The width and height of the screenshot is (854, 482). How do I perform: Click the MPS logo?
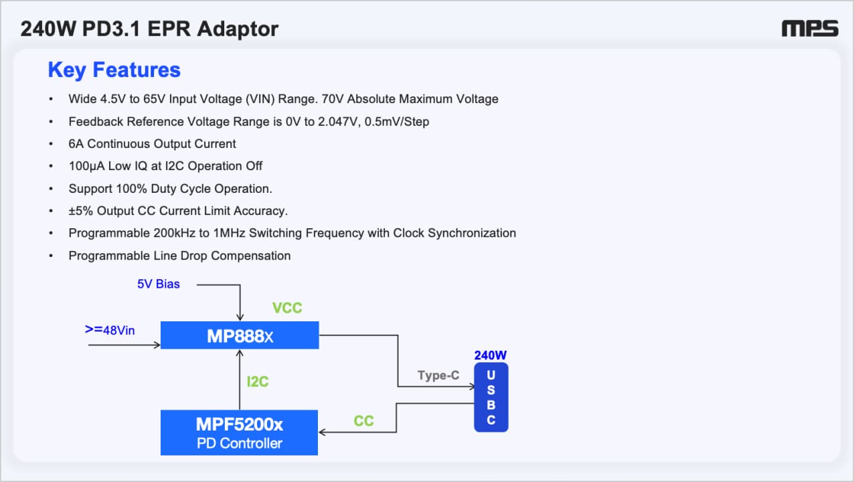810,29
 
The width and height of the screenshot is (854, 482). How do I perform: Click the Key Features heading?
114,70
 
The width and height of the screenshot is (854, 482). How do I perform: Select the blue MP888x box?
240,335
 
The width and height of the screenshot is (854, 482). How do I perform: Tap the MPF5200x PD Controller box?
239,432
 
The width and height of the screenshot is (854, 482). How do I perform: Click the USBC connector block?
491,397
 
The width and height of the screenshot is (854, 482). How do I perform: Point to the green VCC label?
287,308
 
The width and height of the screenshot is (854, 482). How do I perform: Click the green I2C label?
258,382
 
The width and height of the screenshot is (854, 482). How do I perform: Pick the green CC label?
363,421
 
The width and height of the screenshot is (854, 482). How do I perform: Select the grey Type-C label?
438,376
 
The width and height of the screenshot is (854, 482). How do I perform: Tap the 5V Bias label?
158,284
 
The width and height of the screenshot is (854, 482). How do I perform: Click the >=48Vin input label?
110,330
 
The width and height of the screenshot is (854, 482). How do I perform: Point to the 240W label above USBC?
491,355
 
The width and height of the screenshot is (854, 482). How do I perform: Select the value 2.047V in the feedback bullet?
337,122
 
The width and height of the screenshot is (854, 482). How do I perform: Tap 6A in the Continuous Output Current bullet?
76,144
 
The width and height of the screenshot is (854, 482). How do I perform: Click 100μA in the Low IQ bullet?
86,166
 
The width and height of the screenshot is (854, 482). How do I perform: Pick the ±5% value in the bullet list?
81,211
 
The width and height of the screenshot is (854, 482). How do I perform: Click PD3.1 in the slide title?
111,29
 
